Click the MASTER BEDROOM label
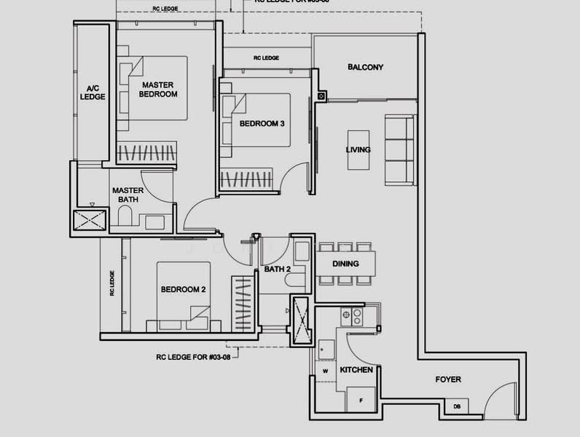click(x=159, y=90)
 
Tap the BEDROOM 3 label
click(x=262, y=124)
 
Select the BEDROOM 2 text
click(x=183, y=289)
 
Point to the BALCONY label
click(x=365, y=68)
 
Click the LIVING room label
click(x=358, y=150)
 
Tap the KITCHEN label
click(x=356, y=370)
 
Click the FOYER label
click(x=447, y=379)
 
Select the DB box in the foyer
click(x=457, y=406)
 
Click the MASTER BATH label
click(x=127, y=194)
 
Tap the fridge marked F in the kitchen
click(x=359, y=400)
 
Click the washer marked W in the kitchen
click(x=325, y=370)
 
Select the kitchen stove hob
click(x=357, y=316)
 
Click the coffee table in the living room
click(x=358, y=151)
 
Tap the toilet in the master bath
click(x=124, y=218)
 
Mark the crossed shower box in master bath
click(x=90, y=221)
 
